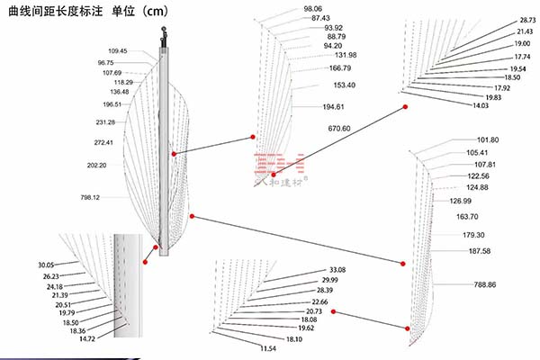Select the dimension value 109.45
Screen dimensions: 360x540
click(x=117, y=51)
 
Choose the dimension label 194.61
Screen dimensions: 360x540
click(x=333, y=107)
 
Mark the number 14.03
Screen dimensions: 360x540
click(x=480, y=106)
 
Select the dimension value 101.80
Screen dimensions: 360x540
click(x=488, y=140)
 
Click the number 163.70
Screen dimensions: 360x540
click(x=467, y=217)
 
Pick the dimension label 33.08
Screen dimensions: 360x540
click(x=337, y=270)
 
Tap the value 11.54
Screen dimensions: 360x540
click(x=267, y=348)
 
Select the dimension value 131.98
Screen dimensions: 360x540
click(x=345, y=56)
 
